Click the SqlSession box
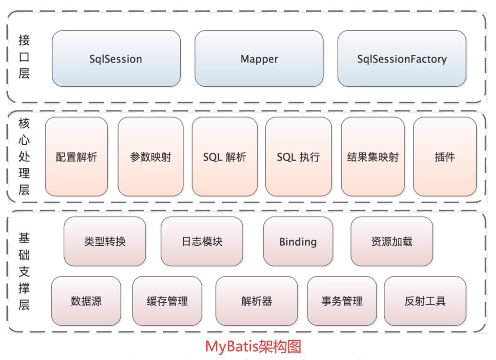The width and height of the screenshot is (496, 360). coord(116,59)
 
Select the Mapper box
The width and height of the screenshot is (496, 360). coord(259,59)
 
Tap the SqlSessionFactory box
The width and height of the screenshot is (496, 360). coord(402,59)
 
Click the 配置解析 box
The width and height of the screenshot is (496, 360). coord(76,157)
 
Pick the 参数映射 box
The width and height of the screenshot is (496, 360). coord(151,157)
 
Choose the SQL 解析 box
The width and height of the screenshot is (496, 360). coord(225,157)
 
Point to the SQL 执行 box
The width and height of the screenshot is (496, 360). coord(298,157)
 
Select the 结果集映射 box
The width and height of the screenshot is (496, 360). coord(373,157)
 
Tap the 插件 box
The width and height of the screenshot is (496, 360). coord(445,157)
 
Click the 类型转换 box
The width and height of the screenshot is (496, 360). coord(105,241)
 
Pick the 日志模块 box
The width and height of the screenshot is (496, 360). coord(202,241)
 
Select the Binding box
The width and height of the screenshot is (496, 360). coord(298,241)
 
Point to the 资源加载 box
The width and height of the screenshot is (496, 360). coord(392,241)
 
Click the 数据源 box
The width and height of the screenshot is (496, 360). coord(86,301)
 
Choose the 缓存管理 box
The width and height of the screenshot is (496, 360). coord(167,301)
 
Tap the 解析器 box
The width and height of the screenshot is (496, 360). coord(257,301)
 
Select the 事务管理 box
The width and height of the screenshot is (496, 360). coord(342,301)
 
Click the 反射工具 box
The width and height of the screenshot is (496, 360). coord(425,301)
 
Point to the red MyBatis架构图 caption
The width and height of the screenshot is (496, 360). coord(253,347)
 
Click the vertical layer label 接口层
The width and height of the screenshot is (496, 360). coord(24,57)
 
